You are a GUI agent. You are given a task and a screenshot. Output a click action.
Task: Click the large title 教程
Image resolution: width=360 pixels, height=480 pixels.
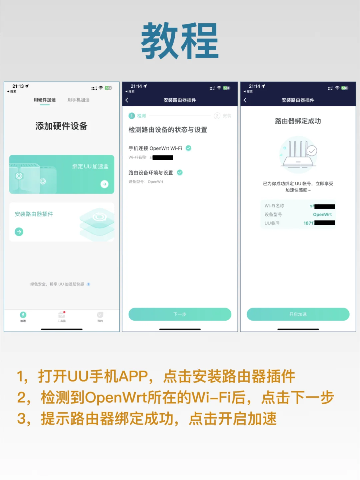tap(180, 41)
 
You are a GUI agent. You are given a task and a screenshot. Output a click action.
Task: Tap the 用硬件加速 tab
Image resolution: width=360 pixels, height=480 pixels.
tap(45, 100)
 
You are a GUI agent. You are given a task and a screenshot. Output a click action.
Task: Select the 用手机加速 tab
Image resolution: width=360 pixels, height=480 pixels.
tap(78, 100)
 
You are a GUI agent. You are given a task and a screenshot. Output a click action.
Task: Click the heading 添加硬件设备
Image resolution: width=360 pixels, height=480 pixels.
tap(61, 126)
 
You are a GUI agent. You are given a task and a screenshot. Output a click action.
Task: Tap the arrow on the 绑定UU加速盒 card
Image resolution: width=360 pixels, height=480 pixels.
tap(104, 184)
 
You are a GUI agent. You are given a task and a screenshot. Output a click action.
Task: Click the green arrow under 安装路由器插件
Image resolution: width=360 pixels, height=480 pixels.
tap(19, 231)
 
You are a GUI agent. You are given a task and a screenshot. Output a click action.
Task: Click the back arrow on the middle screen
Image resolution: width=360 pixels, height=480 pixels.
tap(127, 100)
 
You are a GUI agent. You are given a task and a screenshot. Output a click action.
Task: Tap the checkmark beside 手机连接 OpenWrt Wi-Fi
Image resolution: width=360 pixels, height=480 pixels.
tap(188, 148)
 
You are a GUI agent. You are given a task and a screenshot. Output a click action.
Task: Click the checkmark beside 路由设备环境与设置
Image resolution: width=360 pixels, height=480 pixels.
tap(180, 172)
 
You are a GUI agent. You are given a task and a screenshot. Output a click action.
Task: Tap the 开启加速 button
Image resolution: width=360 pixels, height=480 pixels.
tap(298, 314)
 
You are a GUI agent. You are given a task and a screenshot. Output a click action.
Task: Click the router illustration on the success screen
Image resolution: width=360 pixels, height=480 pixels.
tap(298, 154)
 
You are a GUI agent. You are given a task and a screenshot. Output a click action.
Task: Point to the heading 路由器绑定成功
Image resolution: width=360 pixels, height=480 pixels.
tap(298, 121)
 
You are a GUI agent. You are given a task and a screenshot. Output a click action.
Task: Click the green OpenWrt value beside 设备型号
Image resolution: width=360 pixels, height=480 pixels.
tap(322, 214)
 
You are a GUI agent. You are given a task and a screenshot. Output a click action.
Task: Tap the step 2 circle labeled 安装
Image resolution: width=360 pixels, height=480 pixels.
tap(217, 116)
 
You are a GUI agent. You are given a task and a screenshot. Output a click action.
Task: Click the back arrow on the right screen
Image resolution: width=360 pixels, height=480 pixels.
tap(245, 100)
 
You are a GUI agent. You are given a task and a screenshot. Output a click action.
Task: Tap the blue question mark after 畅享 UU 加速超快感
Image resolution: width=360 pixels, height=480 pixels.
tap(88, 284)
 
